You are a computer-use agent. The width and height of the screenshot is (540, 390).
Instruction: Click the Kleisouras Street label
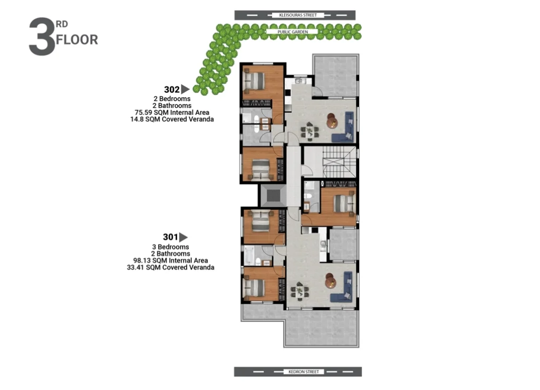[298, 15]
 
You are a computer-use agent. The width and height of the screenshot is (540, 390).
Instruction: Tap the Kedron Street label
[303, 372]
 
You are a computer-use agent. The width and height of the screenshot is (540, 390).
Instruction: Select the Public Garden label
[293, 32]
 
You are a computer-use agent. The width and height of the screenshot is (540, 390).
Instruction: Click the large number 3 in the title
[42, 37]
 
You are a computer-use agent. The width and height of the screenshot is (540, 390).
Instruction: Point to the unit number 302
[172, 90]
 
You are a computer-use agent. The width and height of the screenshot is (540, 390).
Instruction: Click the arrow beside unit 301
[184, 237]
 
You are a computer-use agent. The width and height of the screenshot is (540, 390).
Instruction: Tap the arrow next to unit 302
[185, 89]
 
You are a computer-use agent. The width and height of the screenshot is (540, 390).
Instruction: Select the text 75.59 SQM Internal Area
[172, 113]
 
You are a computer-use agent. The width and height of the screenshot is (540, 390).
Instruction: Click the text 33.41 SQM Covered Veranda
[170, 267]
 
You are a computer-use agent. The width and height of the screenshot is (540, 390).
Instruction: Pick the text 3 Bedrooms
[170, 247]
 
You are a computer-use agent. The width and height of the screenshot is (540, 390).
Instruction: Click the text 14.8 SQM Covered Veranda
[172, 120]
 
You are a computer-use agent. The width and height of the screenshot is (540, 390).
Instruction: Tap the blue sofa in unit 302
[343, 126]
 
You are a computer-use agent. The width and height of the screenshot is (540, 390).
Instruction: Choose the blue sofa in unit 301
[342, 287]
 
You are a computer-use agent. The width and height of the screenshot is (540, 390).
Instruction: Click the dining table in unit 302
[310, 132]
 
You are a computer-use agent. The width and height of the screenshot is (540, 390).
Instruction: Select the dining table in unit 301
[300, 291]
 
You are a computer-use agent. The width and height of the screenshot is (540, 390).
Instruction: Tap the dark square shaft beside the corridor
[274, 196]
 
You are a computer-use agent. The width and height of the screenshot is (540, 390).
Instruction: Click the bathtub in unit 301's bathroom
[249, 255]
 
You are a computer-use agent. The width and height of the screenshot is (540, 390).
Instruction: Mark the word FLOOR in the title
[77, 40]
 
